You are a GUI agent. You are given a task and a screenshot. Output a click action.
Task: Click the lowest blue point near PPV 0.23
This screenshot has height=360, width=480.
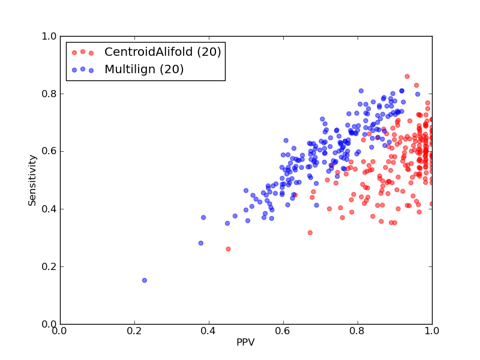[145, 280]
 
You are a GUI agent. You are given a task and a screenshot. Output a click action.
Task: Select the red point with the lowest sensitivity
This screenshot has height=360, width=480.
[228, 249]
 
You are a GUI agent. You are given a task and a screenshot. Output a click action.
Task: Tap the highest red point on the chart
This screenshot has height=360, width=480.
[407, 77]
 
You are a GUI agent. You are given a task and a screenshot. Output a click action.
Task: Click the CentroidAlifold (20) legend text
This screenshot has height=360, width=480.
[163, 52]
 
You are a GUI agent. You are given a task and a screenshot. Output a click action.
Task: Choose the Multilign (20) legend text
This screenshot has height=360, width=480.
[144, 70]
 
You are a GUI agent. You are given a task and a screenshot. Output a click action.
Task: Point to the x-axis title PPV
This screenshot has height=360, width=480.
[245, 342]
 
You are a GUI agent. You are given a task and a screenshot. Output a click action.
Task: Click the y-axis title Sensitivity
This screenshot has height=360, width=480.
[32, 181]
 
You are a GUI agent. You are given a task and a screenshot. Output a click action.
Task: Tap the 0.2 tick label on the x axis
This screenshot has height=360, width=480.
[134, 331]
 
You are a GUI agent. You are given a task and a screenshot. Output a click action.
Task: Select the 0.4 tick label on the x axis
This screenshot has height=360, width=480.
[209, 331]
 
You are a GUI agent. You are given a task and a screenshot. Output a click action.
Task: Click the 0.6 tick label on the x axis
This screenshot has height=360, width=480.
[283, 331]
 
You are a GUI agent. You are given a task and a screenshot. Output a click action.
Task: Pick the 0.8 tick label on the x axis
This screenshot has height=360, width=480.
[358, 331]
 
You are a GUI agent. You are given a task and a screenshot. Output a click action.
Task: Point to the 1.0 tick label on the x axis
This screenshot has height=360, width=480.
[432, 331]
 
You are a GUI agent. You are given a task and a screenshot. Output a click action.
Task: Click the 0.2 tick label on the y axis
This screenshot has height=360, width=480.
[49, 266]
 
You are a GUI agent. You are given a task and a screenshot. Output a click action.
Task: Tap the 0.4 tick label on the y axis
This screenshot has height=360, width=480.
[49, 209]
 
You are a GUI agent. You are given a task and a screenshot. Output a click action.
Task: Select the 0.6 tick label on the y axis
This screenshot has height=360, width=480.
[49, 151]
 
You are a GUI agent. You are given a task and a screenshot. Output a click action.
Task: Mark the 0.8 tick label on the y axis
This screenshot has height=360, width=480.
[49, 94]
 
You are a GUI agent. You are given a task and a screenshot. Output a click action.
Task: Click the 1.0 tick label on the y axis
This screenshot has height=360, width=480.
[49, 36]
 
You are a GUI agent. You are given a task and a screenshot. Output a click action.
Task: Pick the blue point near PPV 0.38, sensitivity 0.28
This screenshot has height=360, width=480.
[201, 243]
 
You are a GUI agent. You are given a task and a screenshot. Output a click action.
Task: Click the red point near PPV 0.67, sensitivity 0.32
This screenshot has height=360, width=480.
[310, 233]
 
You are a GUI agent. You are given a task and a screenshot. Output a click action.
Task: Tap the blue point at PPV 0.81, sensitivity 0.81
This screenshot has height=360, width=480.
[361, 91]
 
